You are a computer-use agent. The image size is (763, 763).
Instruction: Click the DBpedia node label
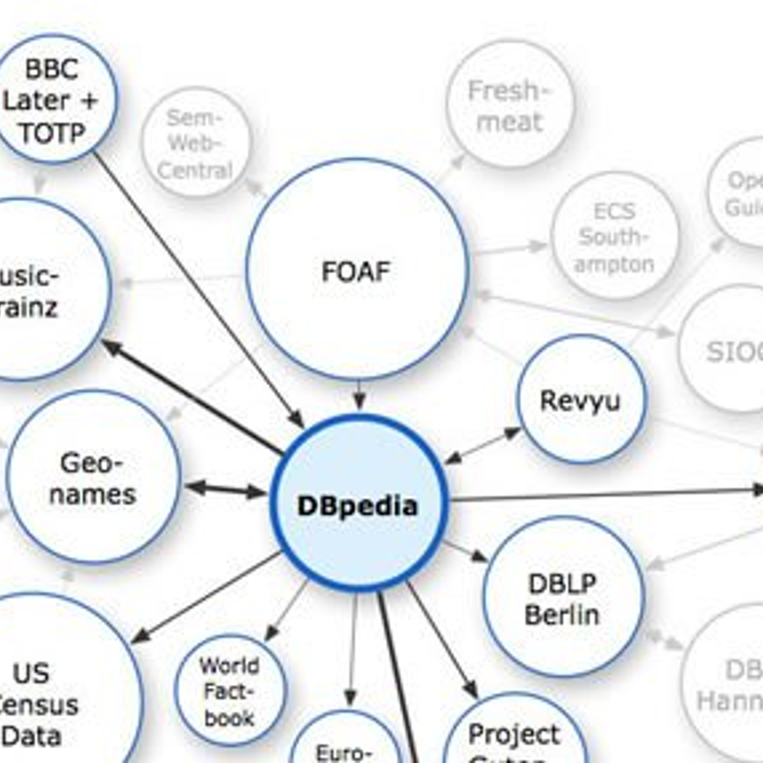click(x=357, y=506)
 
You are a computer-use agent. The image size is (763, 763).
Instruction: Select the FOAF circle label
click(x=356, y=272)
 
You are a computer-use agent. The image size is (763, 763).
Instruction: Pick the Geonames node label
click(x=93, y=478)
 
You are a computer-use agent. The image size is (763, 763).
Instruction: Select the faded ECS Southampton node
click(x=614, y=237)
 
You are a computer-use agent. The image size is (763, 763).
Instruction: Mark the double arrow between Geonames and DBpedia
click(x=226, y=490)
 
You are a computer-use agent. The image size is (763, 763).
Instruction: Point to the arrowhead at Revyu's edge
click(x=512, y=433)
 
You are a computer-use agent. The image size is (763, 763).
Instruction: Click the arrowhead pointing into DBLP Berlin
click(x=479, y=556)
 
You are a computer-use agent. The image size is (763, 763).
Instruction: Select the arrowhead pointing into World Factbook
click(x=270, y=633)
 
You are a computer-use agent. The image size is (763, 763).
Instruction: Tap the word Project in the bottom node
click(x=514, y=735)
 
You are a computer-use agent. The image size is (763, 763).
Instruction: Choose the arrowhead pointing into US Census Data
click(x=140, y=637)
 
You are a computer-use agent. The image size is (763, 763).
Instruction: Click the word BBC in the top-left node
click(x=52, y=69)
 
